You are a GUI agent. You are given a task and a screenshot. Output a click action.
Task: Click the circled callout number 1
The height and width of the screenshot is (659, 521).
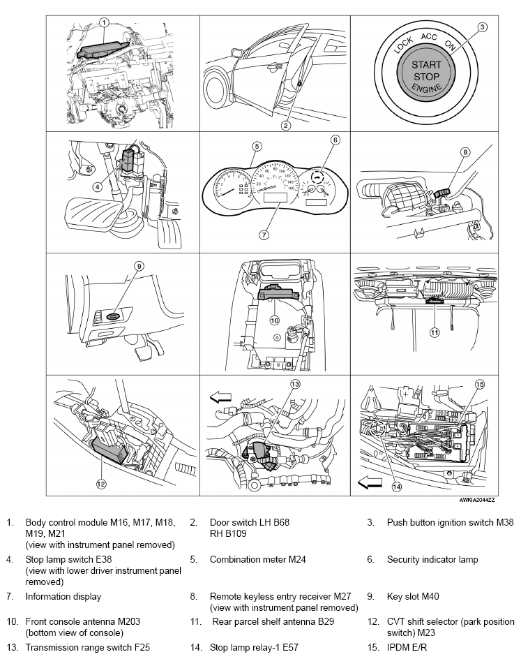click(103, 22)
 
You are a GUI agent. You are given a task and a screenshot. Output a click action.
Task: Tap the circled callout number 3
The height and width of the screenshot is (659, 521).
click(481, 27)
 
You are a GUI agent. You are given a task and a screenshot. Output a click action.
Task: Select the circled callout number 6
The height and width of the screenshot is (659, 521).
click(335, 140)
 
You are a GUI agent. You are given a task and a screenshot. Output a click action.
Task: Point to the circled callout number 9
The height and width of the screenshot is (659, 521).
click(139, 265)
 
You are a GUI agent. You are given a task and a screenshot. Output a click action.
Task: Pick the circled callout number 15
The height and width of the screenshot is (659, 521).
click(479, 384)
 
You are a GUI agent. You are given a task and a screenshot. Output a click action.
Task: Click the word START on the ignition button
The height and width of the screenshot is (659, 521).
click(426, 64)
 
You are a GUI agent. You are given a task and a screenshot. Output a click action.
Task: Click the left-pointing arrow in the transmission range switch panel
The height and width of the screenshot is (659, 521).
click(221, 397)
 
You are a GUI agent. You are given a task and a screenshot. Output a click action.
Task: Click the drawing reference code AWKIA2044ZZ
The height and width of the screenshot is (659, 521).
click(477, 501)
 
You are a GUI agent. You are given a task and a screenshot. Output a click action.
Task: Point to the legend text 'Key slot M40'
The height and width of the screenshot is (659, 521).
click(413, 596)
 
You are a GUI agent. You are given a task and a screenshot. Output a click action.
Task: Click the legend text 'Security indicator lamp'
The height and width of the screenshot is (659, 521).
click(432, 559)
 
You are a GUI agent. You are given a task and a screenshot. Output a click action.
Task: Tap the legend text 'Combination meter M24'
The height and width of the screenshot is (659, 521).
click(257, 559)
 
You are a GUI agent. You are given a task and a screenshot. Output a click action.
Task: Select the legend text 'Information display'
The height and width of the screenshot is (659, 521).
click(63, 596)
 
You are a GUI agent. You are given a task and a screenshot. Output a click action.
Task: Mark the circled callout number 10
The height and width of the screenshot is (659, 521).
click(274, 320)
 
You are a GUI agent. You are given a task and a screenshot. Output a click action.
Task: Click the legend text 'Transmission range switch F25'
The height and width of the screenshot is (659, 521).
click(88, 647)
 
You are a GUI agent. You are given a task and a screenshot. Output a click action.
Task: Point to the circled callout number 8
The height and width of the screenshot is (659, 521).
click(465, 151)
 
